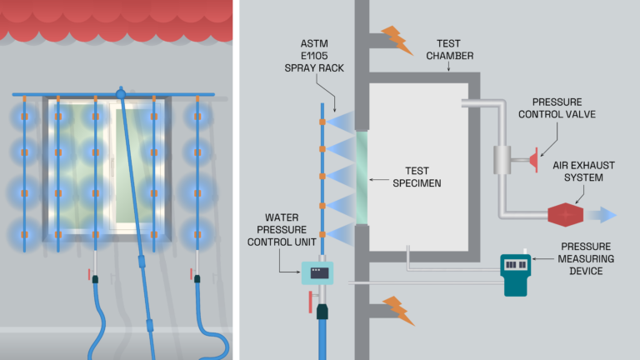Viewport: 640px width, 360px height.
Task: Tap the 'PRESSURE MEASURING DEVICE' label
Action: pos(586,259)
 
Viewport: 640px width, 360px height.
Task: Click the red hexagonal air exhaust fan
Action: pos(566,214)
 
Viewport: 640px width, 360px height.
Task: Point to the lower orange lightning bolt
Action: pos(397,309)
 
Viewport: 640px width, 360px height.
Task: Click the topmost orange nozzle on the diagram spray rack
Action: pos(323,122)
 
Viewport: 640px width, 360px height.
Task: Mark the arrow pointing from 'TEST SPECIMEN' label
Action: pos(379,176)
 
